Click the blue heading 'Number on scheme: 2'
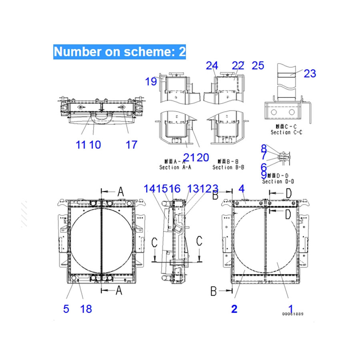pyautogui.click(x=120, y=52)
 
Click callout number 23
pyautogui.click(x=310, y=73)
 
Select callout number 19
pyautogui.click(x=151, y=82)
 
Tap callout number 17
pyautogui.click(x=132, y=144)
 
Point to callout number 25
pyautogui.click(x=258, y=65)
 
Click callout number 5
pyautogui.click(x=66, y=308)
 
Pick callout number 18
pyautogui.click(x=86, y=308)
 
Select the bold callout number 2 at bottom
pyautogui.click(x=234, y=308)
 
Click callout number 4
pyautogui.click(x=241, y=188)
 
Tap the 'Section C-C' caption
pyautogui.click(x=286, y=132)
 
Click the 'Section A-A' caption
pyautogui.click(x=175, y=167)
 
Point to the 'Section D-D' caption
pyautogui.click(x=278, y=181)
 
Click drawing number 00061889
pyautogui.click(x=292, y=314)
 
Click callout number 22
pyautogui.click(x=238, y=65)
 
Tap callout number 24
pyautogui.click(x=212, y=65)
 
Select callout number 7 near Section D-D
pyautogui.click(x=264, y=157)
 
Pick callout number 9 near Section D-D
pyautogui.click(x=264, y=174)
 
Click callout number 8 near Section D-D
pyautogui.click(x=264, y=149)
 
